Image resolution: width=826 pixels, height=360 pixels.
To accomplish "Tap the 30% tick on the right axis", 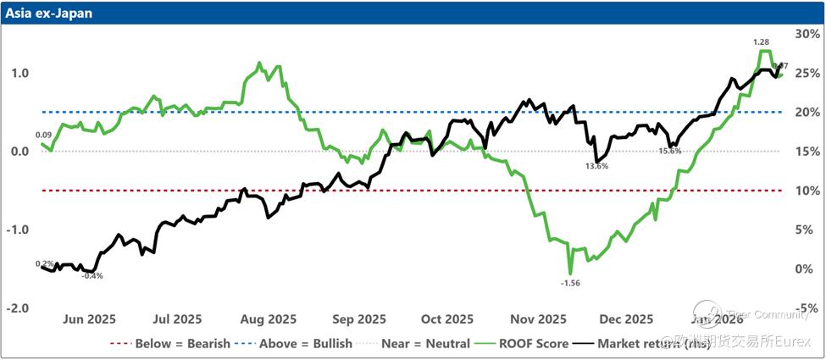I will [806, 34].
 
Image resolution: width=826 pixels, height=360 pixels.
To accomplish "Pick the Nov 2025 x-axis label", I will [538, 319].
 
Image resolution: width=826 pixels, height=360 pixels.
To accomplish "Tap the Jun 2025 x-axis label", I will [90, 319].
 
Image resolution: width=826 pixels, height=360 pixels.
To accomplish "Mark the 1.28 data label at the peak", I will [762, 42].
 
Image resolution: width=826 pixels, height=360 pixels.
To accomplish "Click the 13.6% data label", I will [596, 167].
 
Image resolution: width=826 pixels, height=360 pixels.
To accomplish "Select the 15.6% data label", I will [670, 151].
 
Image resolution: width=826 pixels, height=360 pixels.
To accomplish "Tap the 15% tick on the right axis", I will [806, 152].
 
